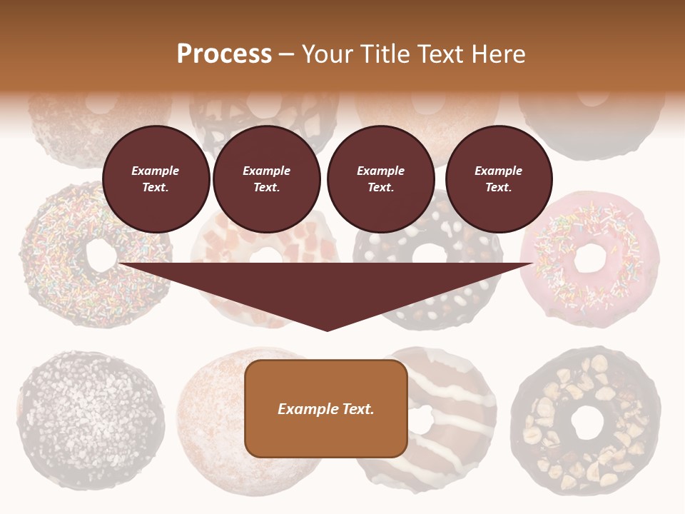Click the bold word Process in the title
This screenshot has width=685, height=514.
[x=224, y=54]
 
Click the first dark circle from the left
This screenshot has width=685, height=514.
[x=156, y=179]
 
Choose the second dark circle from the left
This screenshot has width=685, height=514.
[x=266, y=179]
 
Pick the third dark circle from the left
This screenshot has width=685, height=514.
[x=380, y=179]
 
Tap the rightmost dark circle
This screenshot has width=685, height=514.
[x=498, y=179]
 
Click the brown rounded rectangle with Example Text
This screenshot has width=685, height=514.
[x=326, y=408]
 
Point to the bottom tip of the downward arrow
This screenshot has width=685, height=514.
[x=327, y=330]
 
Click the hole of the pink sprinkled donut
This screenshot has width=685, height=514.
[x=589, y=258]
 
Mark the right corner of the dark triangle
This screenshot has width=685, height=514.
[x=532, y=264]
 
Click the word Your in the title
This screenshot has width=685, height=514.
[x=328, y=54]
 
